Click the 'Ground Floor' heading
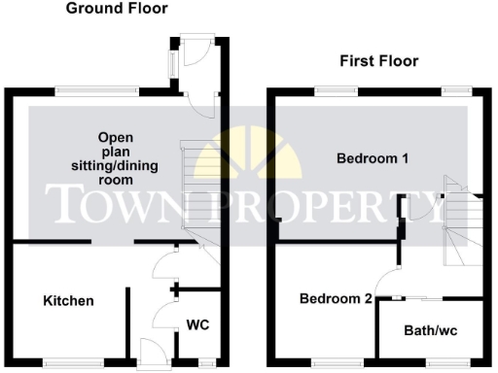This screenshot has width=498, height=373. [117, 9]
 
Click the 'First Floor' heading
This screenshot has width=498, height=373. [378, 61]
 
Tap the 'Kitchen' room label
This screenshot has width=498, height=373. [68, 301]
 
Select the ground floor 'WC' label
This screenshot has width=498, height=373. [197, 324]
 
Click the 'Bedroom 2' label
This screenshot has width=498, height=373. [336, 299]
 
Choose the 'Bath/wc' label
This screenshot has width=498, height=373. [431, 331]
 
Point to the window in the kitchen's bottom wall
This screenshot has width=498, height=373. [74, 364]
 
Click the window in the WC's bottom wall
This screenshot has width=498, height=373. [204, 364]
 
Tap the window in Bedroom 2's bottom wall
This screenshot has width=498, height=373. [328, 364]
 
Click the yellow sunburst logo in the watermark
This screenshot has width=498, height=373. [248, 154]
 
